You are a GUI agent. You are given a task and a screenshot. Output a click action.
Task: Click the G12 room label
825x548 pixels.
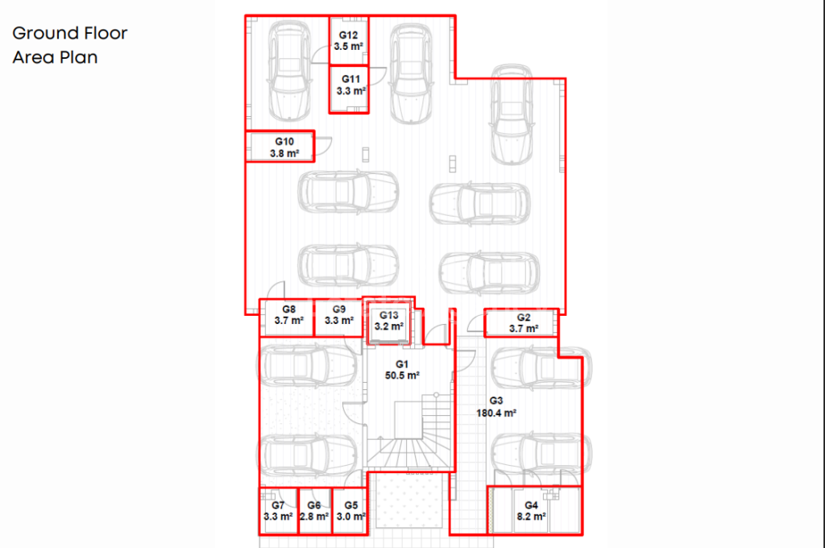pyautogui.click(x=348, y=35)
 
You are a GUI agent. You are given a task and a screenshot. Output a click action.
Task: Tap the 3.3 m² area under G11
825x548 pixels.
pyautogui.click(x=351, y=91)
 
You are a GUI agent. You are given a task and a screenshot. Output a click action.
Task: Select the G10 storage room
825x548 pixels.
pyautogui.click(x=280, y=146)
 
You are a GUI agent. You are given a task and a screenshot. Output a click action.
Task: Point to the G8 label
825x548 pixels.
pyautogui.click(x=289, y=309)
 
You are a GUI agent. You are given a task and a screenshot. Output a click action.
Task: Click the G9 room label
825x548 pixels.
pyautogui.click(x=339, y=309)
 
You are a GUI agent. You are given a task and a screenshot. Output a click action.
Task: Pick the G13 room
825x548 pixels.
pyautogui.click(x=388, y=322)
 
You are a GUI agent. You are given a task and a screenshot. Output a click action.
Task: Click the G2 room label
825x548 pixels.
pyautogui.click(x=524, y=318)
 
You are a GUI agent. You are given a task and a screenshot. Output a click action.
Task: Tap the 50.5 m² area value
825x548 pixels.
pyautogui.click(x=402, y=376)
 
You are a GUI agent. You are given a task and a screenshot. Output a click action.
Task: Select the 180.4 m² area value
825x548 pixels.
pyautogui.click(x=496, y=413)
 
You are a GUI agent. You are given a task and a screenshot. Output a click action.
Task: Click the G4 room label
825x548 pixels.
pyautogui.click(x=532, y=505)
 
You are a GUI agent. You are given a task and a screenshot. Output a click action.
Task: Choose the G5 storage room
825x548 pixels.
pyautogui.click(x=350, y=511)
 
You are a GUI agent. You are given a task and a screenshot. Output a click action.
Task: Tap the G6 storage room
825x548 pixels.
pyautogui.click(x=315, y=511)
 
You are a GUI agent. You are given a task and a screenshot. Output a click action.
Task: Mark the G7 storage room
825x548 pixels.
pyautogui.click(x=279, y=511)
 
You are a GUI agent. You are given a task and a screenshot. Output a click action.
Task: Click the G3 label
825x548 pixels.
pyautogui.click(x=496, y=401)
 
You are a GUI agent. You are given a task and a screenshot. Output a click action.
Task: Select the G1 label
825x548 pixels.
pyautogui.click(x=402, y=363)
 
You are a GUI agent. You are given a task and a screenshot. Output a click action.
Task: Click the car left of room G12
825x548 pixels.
pyautogui.click(x=289, y=71)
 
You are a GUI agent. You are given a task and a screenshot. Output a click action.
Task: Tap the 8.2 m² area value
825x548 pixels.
pyautogui.click(x=532, y=517)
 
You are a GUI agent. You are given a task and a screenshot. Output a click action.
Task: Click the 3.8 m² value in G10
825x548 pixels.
pyautogui.click(x=284, y=154)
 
